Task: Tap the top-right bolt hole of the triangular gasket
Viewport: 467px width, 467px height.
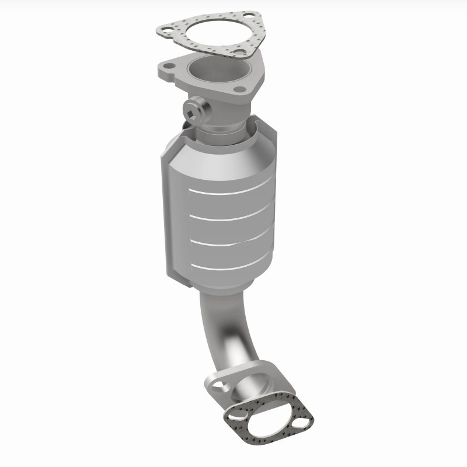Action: click(249, 15)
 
